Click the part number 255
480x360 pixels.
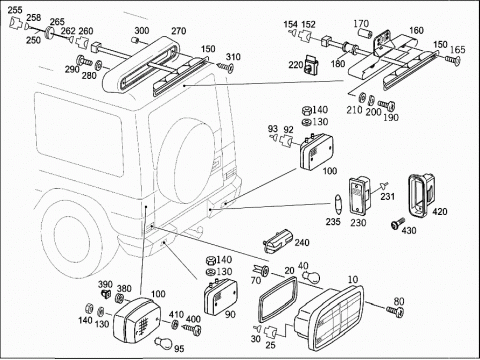(15, 10)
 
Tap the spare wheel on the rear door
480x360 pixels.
(187, 161)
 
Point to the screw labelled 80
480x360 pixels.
(395, 311)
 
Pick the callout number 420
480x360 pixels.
(440, 211)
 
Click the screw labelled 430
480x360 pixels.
(398, 223)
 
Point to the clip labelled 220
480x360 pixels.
(311, 64)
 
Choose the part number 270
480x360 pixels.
(178, 31)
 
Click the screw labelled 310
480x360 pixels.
(226, 67)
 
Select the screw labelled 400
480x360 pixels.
(192, 329)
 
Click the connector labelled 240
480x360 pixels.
(278, 240)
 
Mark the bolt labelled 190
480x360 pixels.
(387, 105)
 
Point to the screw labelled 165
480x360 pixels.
(452, 60)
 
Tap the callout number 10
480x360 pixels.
(353, 279)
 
